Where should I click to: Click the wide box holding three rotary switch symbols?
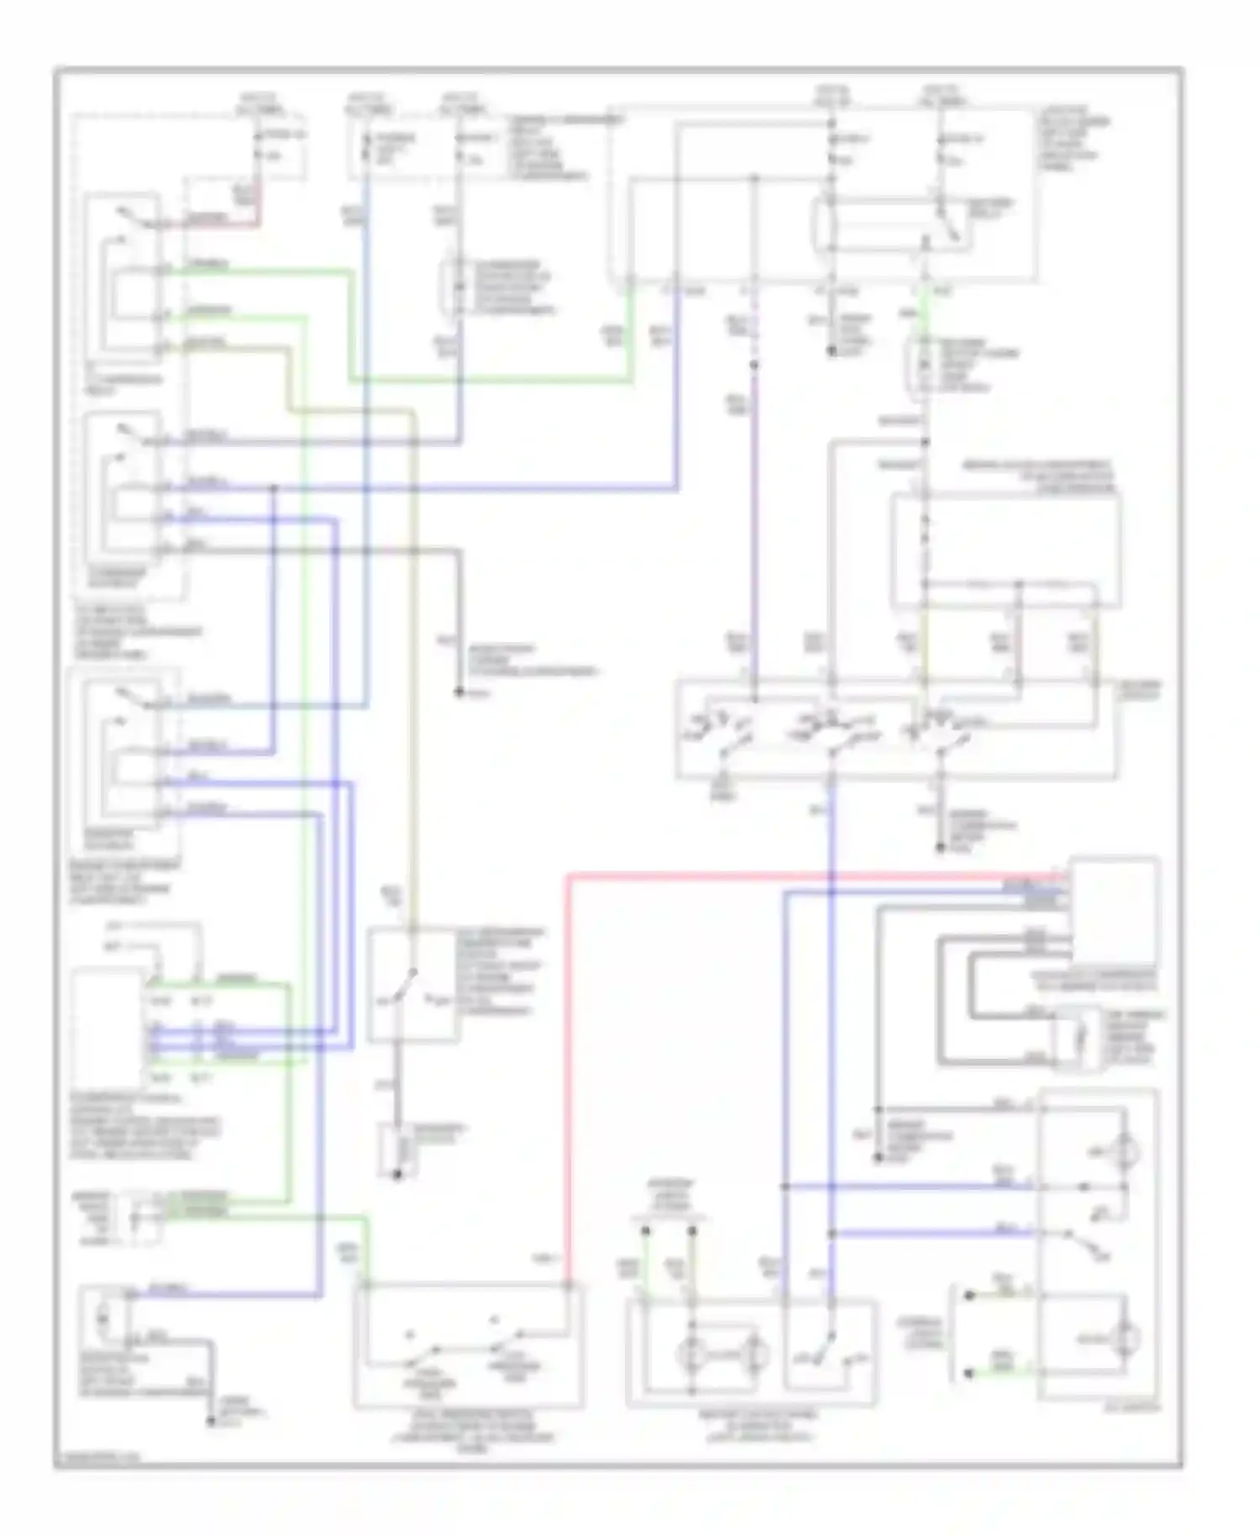pyautogui.click(x=896, y=729)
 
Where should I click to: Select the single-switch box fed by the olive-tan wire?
pyautogui.click(x=412, y=985)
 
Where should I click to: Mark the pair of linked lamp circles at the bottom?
pyautogui.click(x=722, y=1353)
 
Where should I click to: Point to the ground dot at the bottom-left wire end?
pyautogui.click(x=210, y=1422)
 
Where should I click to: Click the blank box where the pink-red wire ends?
pyautogui.click(x=1114, y=913)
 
